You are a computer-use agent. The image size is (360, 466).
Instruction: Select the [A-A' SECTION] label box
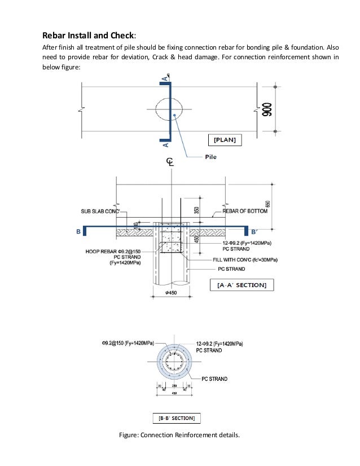242,285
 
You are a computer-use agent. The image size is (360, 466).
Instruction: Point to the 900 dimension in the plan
266,111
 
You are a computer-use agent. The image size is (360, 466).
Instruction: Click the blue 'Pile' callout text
212,157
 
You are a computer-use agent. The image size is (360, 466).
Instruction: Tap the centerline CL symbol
169,162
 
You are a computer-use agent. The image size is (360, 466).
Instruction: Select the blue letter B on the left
78,231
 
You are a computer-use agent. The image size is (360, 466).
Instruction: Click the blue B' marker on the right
254,231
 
